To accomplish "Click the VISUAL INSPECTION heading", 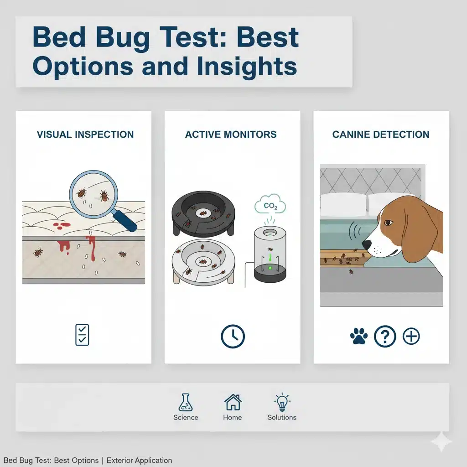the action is click(x=85, y=135).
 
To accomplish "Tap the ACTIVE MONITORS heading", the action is click(x=231, y=135).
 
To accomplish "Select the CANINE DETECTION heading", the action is click(x=381, y=135).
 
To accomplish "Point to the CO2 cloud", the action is click(x=270, y=205).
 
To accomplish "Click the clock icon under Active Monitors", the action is click(x=233, y=337).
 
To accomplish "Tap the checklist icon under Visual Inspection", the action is click(x=82, y=335).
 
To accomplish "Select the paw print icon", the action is click(x=359, y=336).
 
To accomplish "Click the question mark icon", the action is click(x=385, y=337).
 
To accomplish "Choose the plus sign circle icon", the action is click(x=411, y=337).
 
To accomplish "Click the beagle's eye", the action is click(x=388, y=223).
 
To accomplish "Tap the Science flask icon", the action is click(x=186, y=402).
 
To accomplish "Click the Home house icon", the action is click(x=233, y=402).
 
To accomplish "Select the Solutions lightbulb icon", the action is click(x=282, y=402).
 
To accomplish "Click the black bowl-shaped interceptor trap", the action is click(x=203, y=214).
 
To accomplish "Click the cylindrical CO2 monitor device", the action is click(x=270, y=254).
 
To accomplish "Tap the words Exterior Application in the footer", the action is click(x=140, y=461).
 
